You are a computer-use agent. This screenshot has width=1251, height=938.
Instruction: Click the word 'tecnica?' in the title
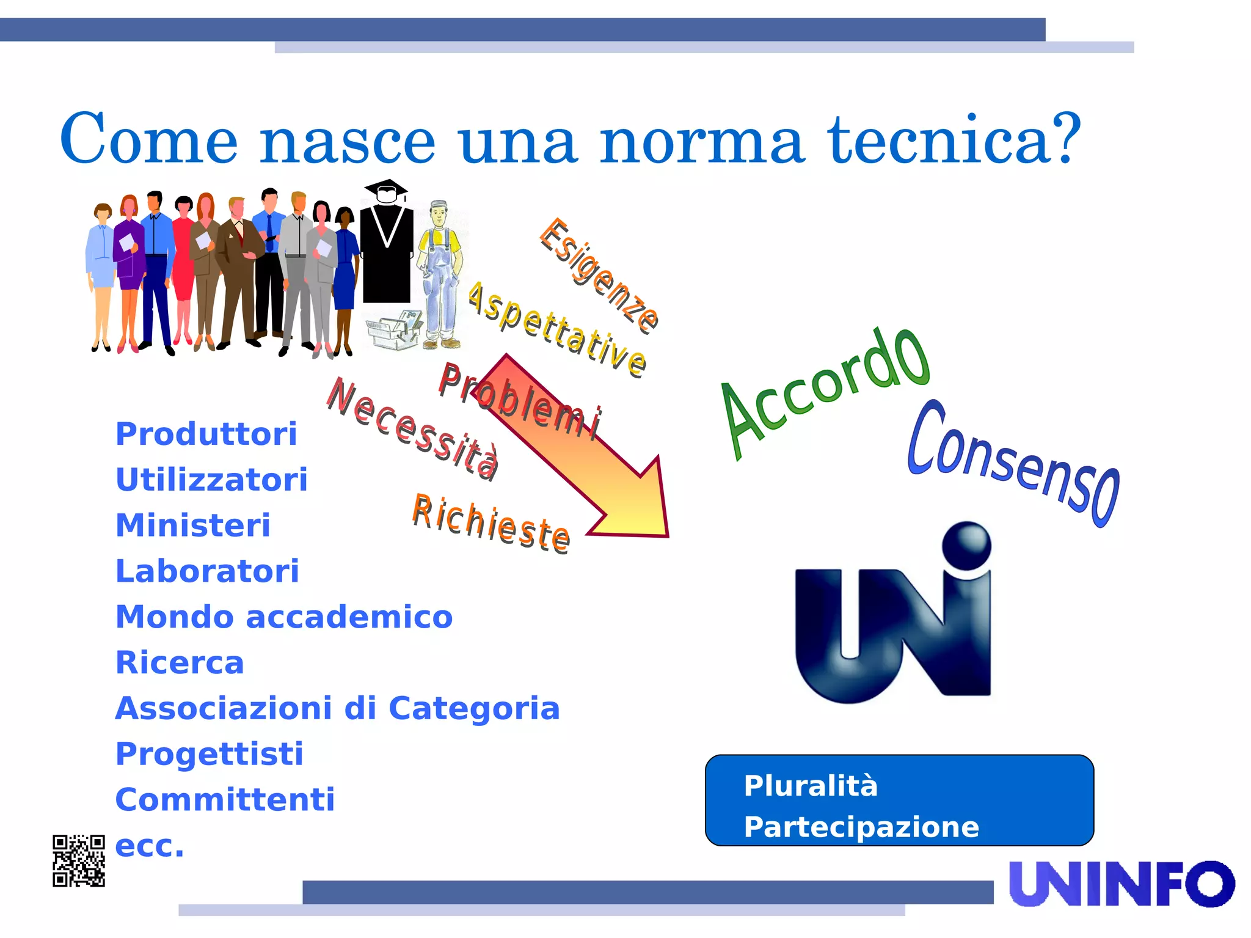(x=954, y=141)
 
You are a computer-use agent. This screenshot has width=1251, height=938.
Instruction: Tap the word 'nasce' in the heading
(x=348, y=142)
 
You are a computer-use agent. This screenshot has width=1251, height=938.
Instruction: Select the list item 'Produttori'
(x=206, y=434)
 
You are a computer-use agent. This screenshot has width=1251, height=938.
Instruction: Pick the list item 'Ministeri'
(x=193, y=526)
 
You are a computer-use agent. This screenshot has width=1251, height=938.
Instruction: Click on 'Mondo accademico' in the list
(x=284, y=617)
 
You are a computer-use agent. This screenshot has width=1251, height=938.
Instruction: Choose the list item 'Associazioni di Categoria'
(x=337, y=708)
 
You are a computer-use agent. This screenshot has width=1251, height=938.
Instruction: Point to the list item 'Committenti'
(x=225, y=799)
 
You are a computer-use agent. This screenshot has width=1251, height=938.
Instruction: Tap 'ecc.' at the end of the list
(x=150, y=846)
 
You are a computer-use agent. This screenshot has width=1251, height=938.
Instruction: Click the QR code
(x=79, y=860)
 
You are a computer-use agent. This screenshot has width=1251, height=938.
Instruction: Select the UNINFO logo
(x=1122, y=884)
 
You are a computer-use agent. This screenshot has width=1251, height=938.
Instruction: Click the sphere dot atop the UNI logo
(x=966, y=544)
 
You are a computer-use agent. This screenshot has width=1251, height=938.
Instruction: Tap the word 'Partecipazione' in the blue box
(x=861, y=827)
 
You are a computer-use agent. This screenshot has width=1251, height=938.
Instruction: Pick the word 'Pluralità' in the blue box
(x=811, y=786)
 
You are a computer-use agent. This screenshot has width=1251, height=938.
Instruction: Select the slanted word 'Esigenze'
(x=599, y=274)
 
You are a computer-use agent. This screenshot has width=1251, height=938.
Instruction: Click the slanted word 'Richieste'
(x=491, y=524)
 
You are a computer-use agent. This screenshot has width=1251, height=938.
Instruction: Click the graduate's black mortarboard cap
(x=385, y=187)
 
